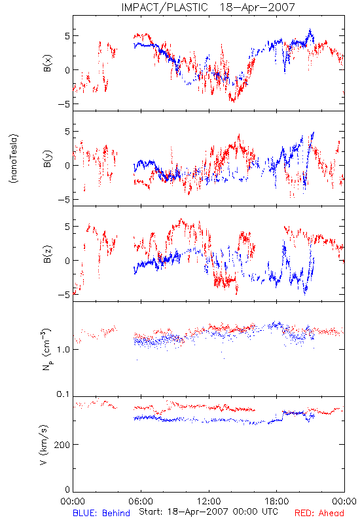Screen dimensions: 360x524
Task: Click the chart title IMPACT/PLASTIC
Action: click(x=164, y=7)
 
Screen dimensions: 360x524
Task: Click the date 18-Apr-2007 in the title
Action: click(x=257, y=7)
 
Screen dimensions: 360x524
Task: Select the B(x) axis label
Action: click(x=47, y=63)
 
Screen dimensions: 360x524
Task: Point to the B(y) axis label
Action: click(x=47, y=159)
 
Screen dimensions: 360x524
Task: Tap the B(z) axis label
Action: click(x=47, y=254)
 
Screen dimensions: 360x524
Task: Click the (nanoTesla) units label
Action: click(x=14, y=159)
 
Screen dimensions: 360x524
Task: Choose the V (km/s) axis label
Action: click(x=43, y=445)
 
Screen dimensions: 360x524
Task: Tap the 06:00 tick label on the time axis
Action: click(x=141, y=501)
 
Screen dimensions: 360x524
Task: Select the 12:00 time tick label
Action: click(x=209, y=501)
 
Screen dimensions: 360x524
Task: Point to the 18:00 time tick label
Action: click(x=277, y=501)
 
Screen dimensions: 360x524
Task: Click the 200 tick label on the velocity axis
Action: click(x=62, y=445)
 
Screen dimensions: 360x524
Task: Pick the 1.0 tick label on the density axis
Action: click(x=63, y=350)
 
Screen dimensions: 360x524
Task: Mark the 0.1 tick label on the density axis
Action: click(x=63, y=394)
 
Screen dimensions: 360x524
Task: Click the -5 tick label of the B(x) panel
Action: click(x=63, y=104)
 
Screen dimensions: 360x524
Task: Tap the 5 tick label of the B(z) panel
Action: click(x=67, y=227)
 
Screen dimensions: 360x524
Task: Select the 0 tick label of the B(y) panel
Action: click(x=67, y=166)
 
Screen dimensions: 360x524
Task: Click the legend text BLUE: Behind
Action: click(x=101, y=513)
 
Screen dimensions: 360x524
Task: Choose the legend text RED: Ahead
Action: click(x=319, y=513)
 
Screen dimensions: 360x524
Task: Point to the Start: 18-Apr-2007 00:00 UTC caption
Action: click(x=208, y=512)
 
